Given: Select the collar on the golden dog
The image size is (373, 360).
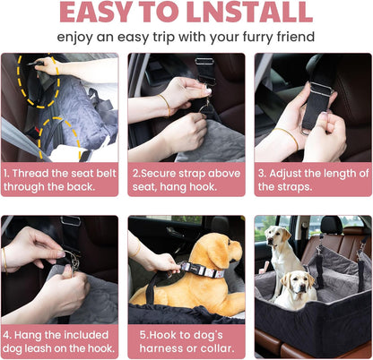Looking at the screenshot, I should click(196, 268).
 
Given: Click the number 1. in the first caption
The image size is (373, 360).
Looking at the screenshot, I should click(7, 171).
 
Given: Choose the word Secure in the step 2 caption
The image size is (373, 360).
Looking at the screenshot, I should click(163, 171).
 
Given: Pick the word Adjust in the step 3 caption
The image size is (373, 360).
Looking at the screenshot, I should click(293, 171).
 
